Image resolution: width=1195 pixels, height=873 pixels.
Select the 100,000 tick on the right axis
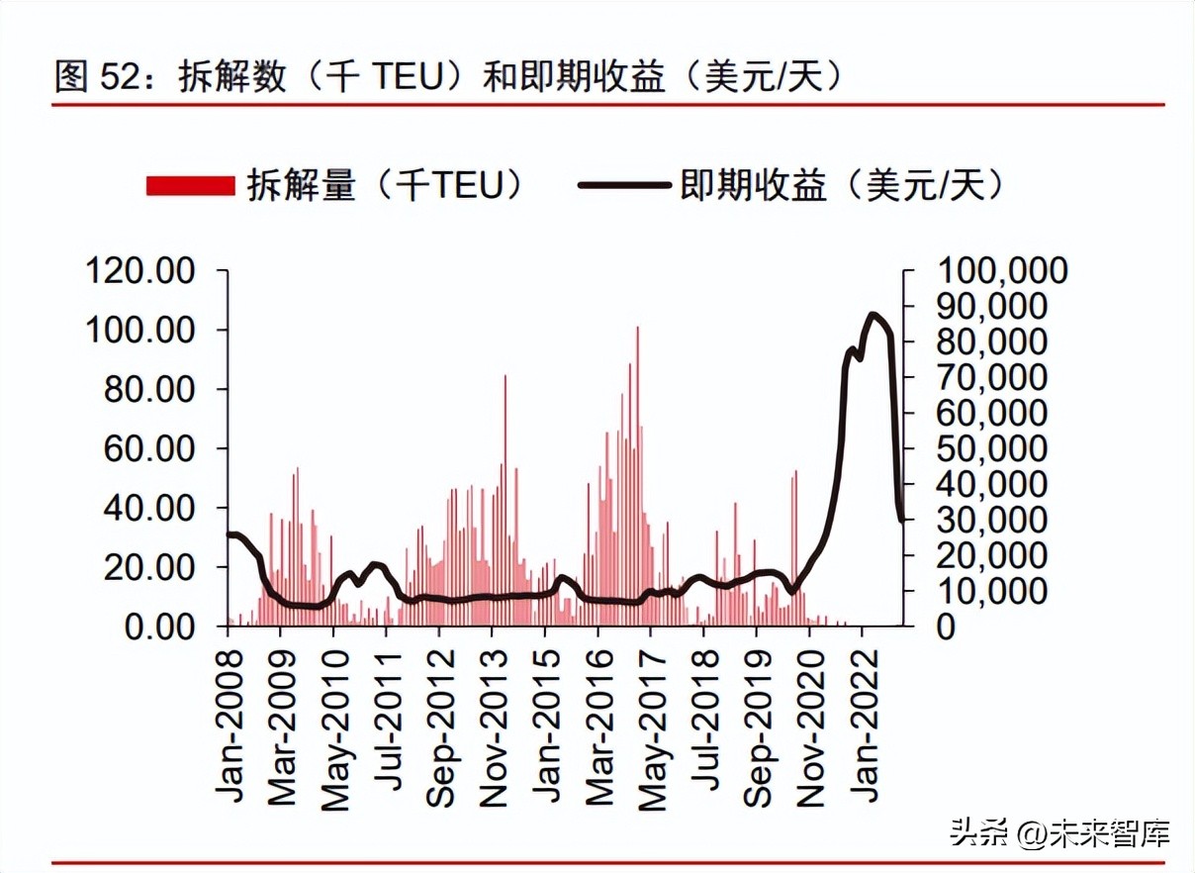coord(1002,270)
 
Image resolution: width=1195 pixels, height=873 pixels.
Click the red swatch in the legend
coord(190,185)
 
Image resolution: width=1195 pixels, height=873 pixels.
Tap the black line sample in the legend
coord(624,185)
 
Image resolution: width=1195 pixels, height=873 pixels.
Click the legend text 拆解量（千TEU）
coord(386,185)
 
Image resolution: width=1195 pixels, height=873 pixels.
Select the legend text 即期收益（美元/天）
coord(842,185)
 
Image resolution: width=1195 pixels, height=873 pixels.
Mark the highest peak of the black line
coord(873,316)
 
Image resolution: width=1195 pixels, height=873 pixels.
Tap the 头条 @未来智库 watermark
coord(1059,832)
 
